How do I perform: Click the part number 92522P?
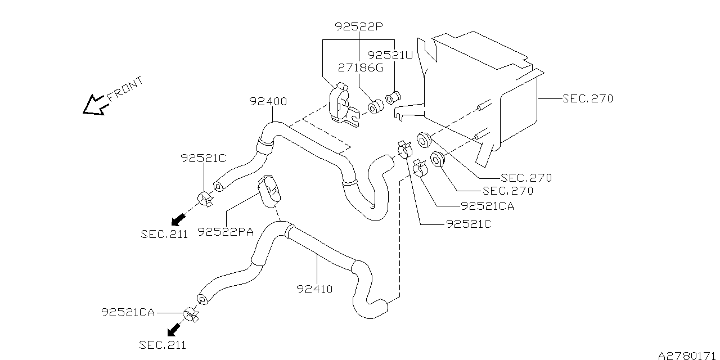pos(358,26)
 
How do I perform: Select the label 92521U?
pos(390,55)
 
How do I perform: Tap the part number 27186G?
pos(360,67)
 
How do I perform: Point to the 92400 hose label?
pos(268,102)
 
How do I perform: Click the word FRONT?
pos(125,89)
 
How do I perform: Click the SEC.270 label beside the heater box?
pos(587,98)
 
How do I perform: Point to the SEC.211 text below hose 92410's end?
pos(163,344)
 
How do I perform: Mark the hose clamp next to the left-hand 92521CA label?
pos(190,314)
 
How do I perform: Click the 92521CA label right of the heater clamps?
pos(487,206)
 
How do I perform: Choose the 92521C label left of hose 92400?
pos(203,159)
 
